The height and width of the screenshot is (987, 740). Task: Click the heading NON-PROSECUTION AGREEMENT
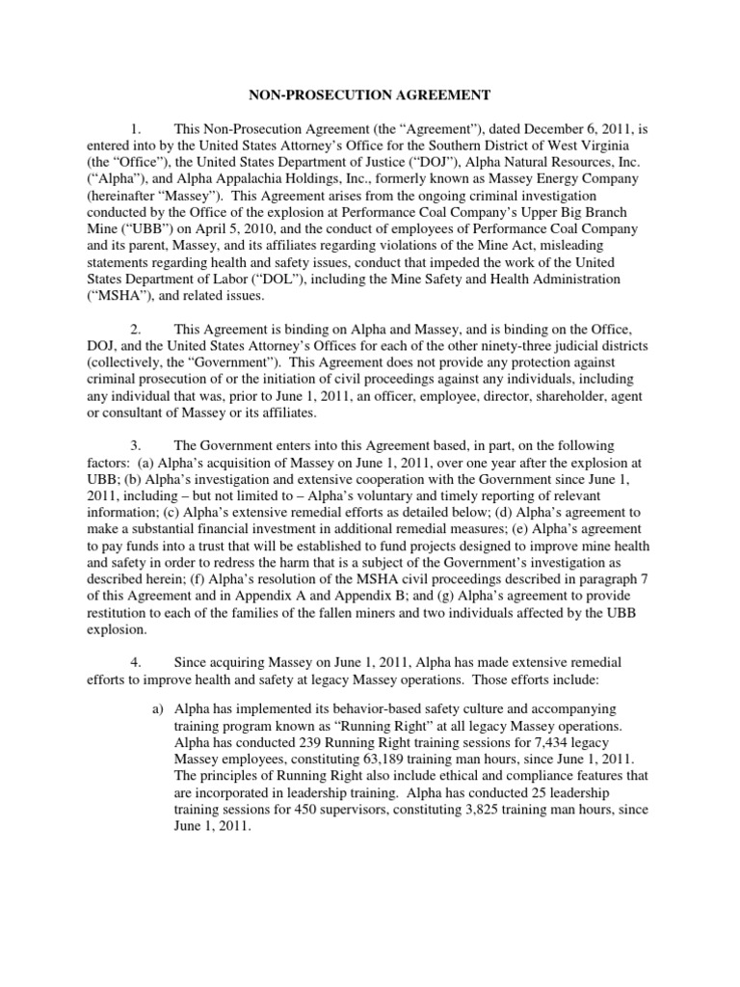[x=370, y=94]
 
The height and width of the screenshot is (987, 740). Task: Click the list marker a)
[x=160, y=708]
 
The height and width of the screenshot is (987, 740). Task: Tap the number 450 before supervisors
[x=310, y=811]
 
